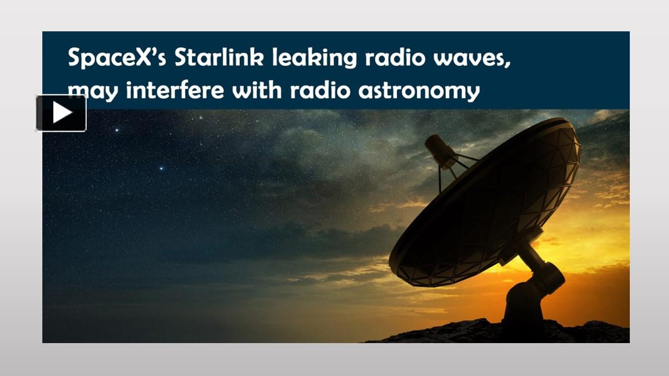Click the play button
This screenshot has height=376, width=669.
[x=61, y=113]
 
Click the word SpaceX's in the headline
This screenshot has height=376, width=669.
[x=117, y=57]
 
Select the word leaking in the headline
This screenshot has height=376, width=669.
[x=315, y=57]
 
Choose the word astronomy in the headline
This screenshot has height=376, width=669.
[x=419, y=91]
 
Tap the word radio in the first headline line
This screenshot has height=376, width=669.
[x=395, y=57]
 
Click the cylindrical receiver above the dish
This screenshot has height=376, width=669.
[x=440, y=151]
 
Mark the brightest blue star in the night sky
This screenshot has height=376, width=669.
[x=162, y=169]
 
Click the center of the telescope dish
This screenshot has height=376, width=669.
[x=486, y=203]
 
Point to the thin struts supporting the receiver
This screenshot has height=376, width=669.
[x=454, y=170]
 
